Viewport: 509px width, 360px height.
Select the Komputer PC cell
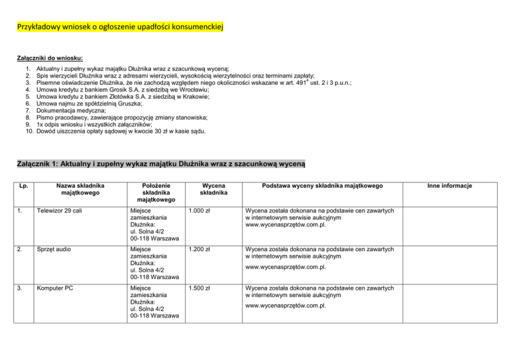[60, 289]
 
